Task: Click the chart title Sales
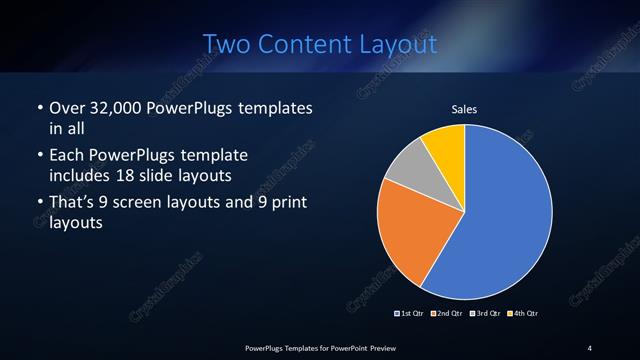464,109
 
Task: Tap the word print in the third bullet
283,204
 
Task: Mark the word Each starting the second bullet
67,156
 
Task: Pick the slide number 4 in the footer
590,347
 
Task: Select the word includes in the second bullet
84,175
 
